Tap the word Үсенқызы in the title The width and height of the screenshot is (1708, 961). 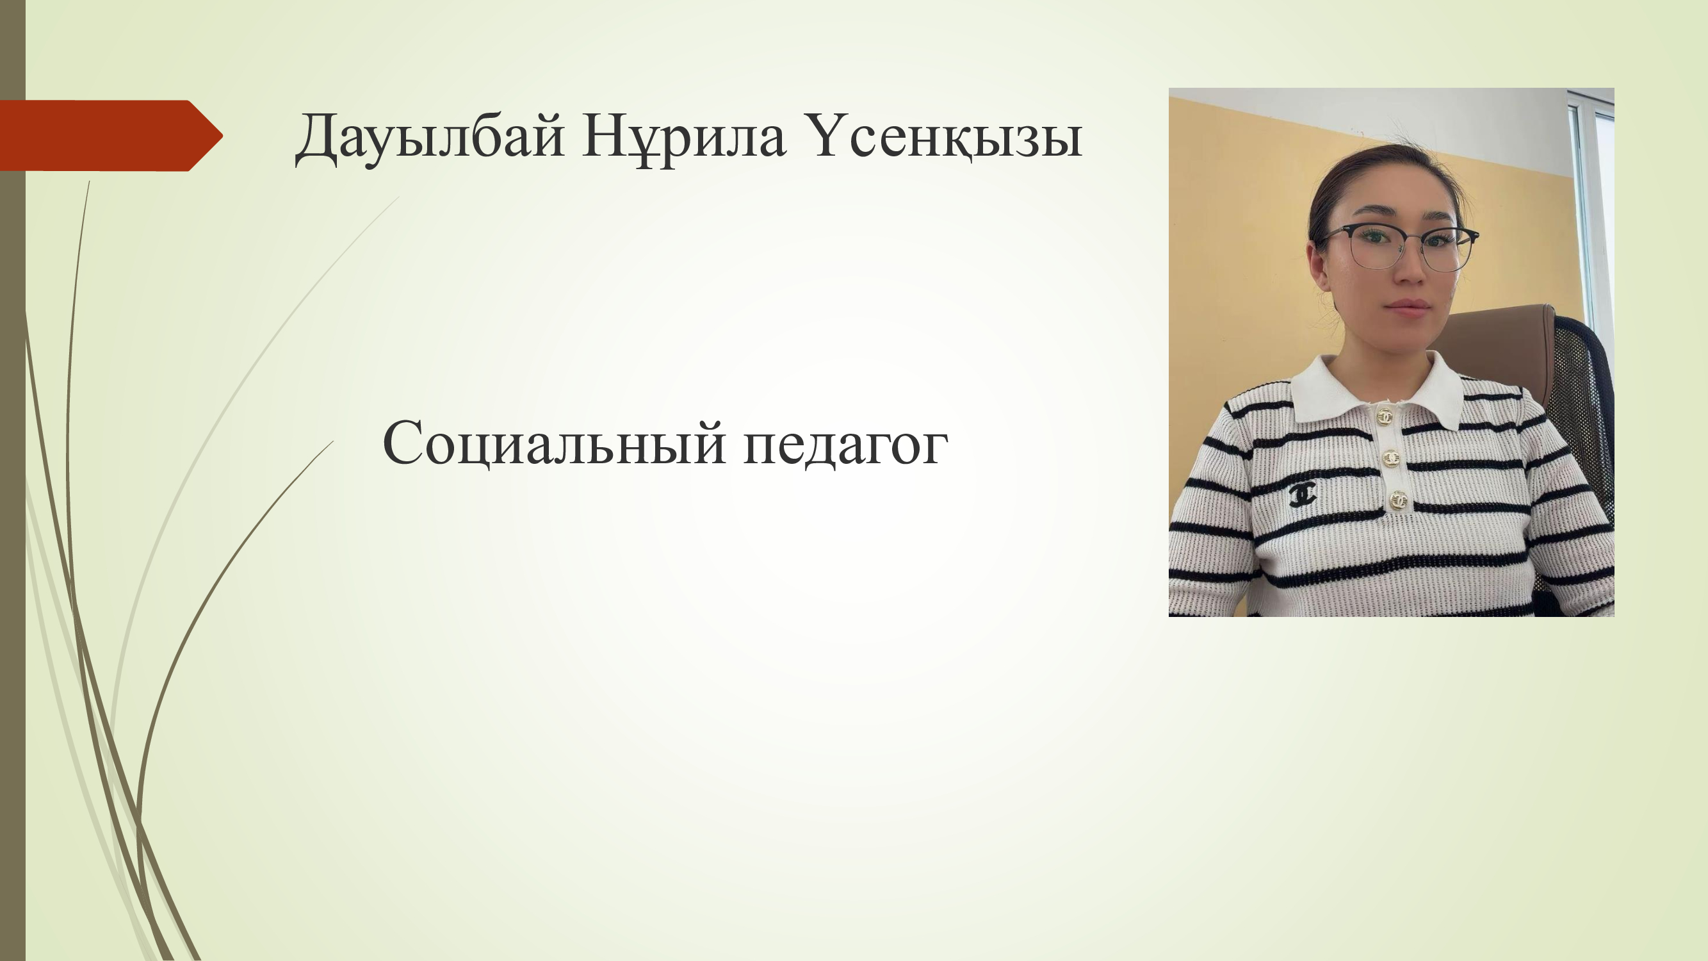point(942,136)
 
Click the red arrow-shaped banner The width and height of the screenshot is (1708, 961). point(111,135)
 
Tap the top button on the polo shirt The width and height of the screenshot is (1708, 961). point(1385,416)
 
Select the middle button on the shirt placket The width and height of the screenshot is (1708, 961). point(1391,458)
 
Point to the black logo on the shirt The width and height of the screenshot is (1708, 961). point(1303,494)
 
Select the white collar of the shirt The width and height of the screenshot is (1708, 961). point(1376,388)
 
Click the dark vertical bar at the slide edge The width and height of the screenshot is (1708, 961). point(13,480)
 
